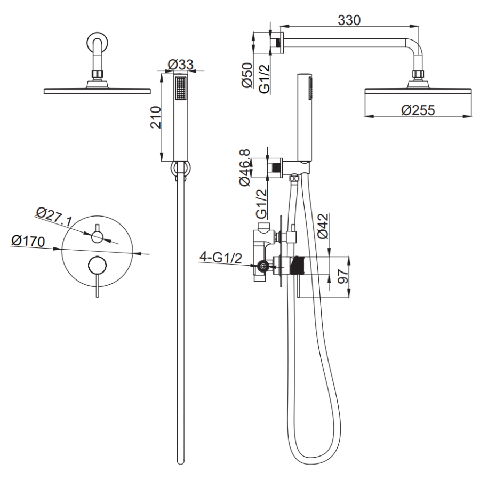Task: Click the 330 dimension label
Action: click(x=349, y=20)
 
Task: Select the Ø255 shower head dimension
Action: click(x=418, y=110)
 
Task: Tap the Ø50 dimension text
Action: click(x=247, y=75)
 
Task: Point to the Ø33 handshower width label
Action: click(x=181, y=65)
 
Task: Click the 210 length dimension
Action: click(x=156, y=117)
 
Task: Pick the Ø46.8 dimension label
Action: click(x=245, y=167)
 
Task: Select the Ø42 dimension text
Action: click(x=323, y=226)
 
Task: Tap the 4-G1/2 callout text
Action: click(x=221, y=258)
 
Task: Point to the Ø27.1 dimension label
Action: click(x=54, y=217)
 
